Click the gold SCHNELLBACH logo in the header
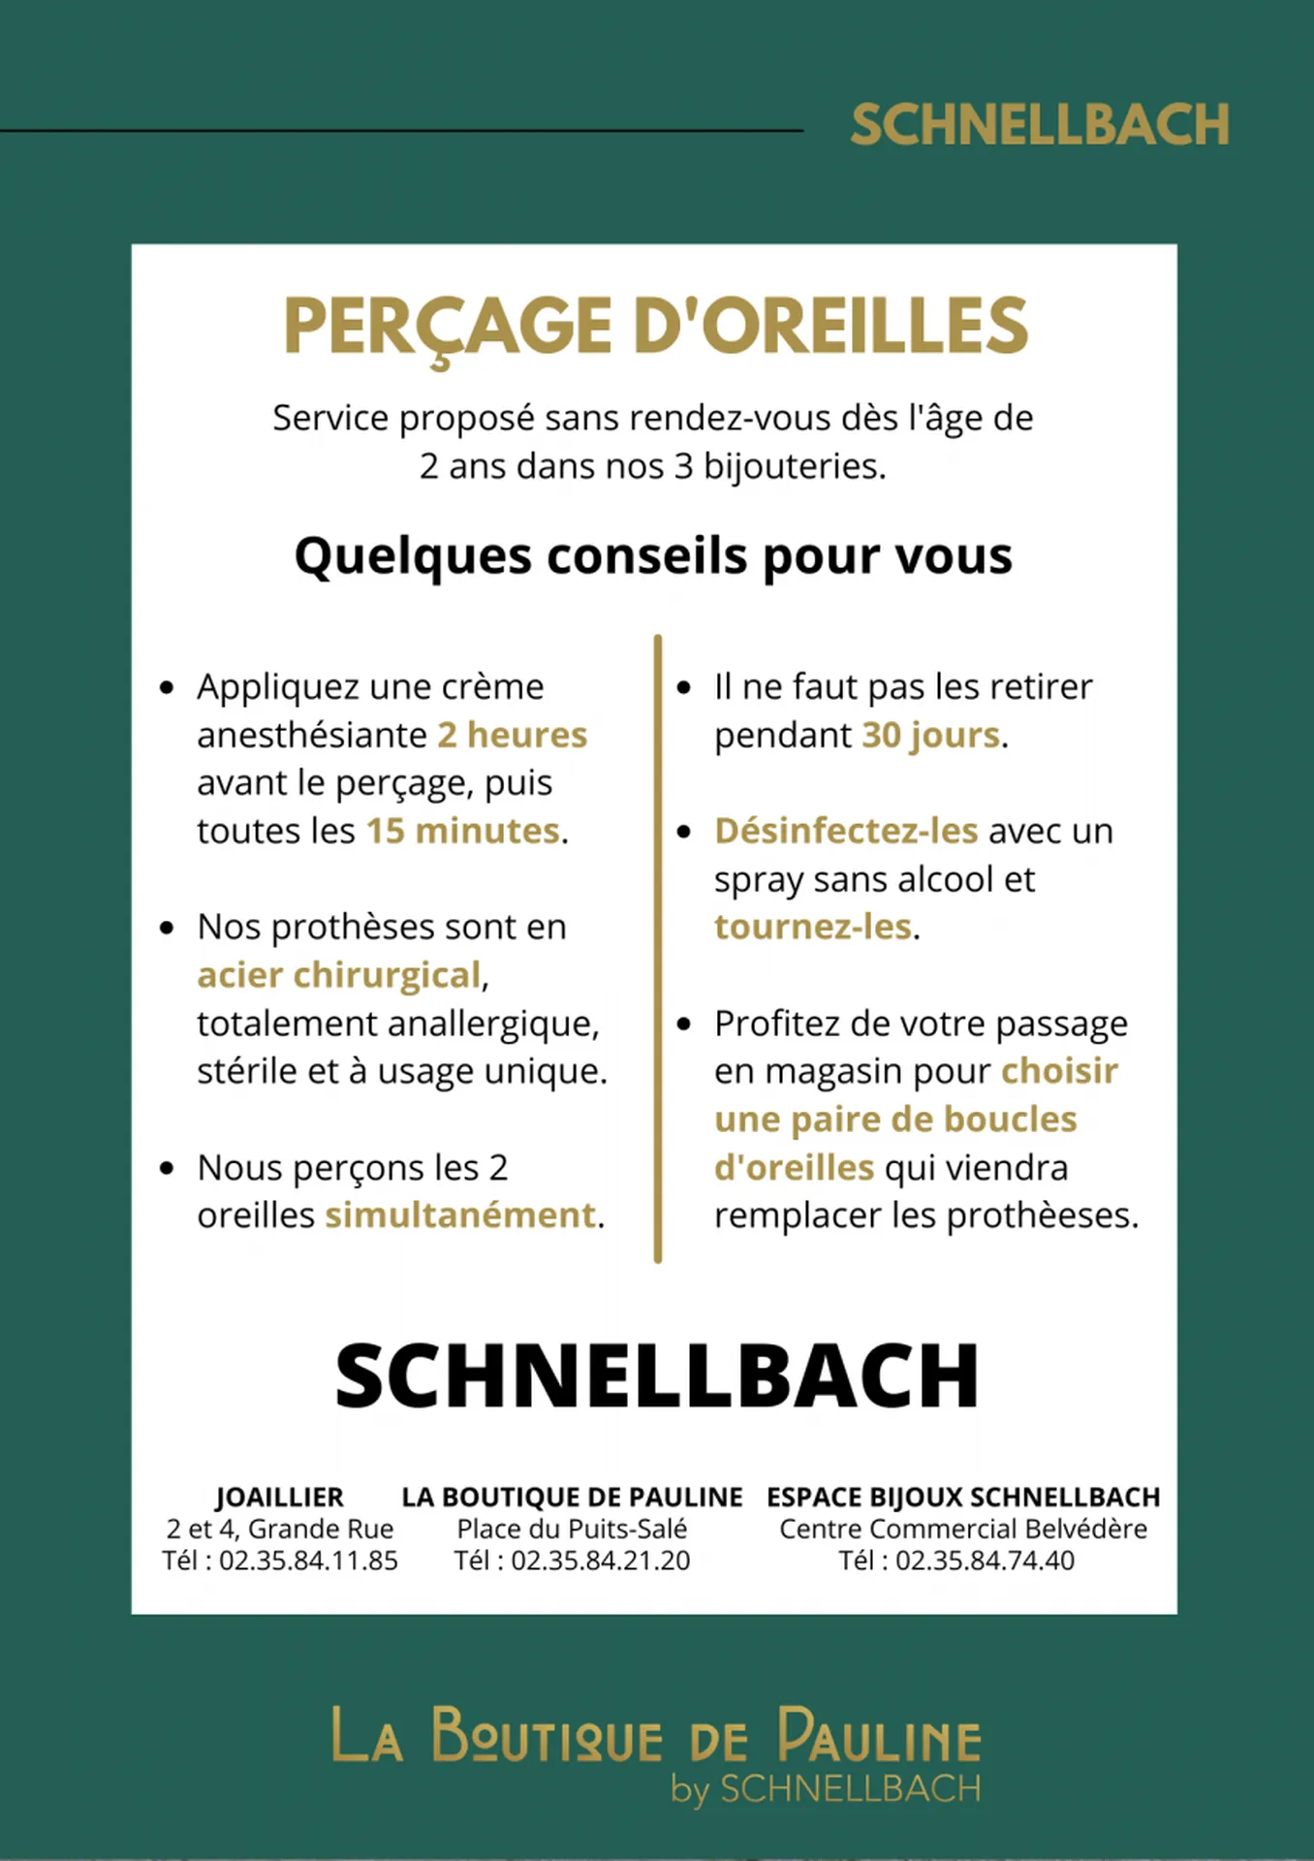(x=1040, y=125)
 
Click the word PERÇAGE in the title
(x=448, y=327)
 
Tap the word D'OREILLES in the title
(x=830, y=327)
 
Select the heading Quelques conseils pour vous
(x=653, y=556)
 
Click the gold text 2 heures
(x=512, y=735)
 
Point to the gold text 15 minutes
(x=463, y=831)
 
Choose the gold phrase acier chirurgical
(x=339, y=975)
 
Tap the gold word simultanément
(x=460, y=1214)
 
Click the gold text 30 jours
(x=930, y=735)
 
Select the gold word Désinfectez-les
(x=846, y=831)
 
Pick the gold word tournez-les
(x=813, y=927)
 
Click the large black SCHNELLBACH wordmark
(x=657, y=1376)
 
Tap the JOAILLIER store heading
(x=279, y=1498)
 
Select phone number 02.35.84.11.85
(x=308, y=1561)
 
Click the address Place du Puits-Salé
(x=572, y=1530)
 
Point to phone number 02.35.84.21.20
(x=601, y=1561)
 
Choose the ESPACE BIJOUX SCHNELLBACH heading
(x=963, y=1498)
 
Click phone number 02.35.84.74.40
(x=985, y=1561)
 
